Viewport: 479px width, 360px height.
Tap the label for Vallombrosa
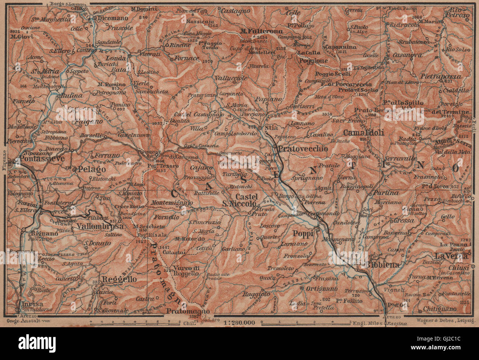[99, 227]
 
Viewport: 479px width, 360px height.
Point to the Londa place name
[116, 57]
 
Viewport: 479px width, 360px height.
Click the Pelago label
[91, 169]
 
